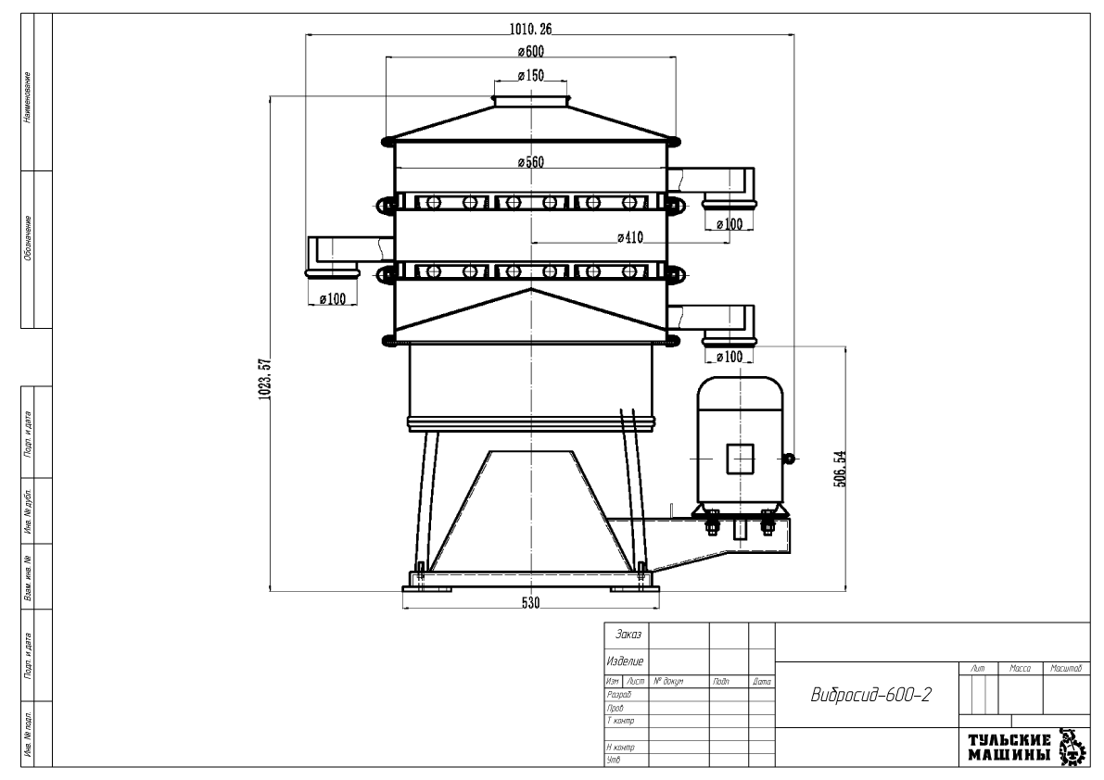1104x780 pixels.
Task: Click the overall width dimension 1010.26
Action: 531,28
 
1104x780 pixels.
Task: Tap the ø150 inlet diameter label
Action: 530,75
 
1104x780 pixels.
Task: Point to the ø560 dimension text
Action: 530,162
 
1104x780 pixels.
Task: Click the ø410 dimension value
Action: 630,237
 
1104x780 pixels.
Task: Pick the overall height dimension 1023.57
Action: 262,377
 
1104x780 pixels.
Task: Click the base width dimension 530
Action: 530,603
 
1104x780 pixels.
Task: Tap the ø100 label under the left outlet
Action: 332,299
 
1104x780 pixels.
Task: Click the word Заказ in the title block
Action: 628,636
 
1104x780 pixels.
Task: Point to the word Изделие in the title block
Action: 626,661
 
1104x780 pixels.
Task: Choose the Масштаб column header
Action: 1066,667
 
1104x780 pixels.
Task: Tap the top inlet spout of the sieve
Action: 530,99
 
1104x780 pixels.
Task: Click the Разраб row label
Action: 618,694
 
